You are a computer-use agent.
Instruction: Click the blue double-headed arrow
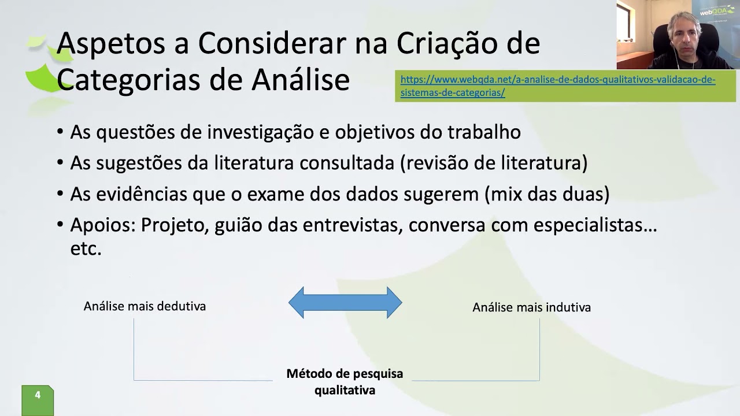coord(345,302)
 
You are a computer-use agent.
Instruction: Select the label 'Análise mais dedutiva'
coord(145,306)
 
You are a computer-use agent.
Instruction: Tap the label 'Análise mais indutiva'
coord(531,307)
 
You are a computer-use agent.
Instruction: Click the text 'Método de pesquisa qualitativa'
coord(345,382)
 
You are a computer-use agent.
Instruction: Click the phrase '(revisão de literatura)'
coord(493,164)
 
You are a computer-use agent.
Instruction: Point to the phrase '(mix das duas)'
coord(547,194)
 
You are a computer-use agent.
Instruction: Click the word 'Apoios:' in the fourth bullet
coord(102,225)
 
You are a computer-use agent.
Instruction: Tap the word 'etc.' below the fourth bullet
coord(86,250)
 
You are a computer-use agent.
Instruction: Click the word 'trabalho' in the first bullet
coord(484,132)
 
